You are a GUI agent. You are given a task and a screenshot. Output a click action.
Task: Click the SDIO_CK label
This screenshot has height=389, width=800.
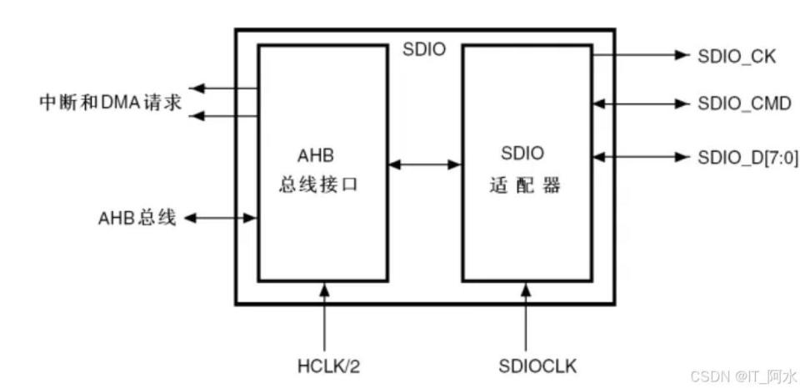point(737,57)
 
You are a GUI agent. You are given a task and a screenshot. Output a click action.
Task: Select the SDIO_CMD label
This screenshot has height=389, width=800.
point(744,105)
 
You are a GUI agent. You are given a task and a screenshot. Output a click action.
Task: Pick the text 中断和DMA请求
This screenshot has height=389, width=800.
point(111,102)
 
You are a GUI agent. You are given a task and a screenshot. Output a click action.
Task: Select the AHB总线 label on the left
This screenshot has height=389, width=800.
point(137,219)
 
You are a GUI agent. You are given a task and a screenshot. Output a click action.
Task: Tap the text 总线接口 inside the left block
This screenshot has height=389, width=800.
point(318,185)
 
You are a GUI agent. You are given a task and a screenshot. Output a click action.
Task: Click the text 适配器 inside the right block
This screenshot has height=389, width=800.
point(523,185)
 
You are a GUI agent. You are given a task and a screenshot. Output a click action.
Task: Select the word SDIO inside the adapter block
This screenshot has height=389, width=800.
point(522,154)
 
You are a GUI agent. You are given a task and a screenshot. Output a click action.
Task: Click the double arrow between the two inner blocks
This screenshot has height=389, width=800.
point(426,164)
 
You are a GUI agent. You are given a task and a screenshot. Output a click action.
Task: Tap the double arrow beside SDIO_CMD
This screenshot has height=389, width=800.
point(641,105)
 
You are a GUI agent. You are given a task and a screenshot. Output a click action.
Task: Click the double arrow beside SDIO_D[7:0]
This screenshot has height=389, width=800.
point(641,156)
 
